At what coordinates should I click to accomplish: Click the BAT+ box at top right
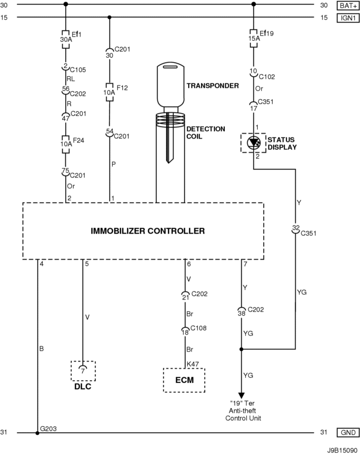[x=344, y=6]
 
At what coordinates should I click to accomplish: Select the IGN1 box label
[x=344, y=17]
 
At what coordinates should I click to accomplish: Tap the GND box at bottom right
[x=344, y=432]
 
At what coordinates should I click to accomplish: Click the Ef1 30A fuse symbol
[x=65, y=39]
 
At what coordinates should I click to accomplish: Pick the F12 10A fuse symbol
[x=109, y=91]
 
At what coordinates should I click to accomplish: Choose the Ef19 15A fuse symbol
[x=253, y=39]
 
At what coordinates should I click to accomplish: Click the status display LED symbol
[x=253, y=144]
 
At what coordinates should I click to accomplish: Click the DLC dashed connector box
[x=83, y=370]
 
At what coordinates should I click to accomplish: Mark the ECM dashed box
[x=184, y=380]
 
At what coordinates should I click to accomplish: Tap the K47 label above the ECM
[x=193, y=364]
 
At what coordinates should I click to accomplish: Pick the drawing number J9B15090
[x=340, y=449]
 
